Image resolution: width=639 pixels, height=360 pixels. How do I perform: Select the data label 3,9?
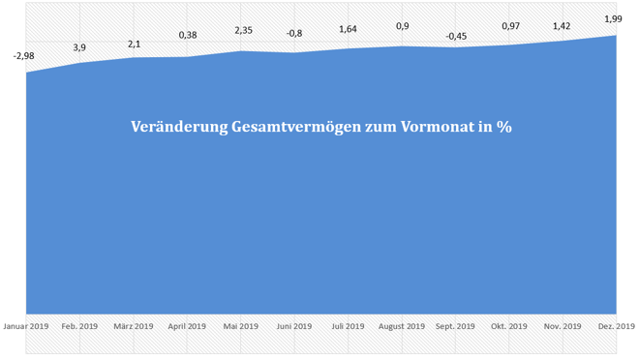pos(79,47)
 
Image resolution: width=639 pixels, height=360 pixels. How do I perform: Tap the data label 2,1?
pos(134,44)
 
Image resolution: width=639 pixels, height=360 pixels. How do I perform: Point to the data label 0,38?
pos(188,36)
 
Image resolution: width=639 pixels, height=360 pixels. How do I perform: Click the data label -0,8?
pos(295,33)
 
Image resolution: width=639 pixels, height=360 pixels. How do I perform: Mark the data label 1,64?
pos(349,29)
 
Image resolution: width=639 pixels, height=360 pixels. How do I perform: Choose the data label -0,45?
pos(456,37)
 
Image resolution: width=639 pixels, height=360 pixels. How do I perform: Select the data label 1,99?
pos(614,18)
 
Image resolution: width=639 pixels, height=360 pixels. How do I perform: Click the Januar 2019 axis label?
pos(26,326)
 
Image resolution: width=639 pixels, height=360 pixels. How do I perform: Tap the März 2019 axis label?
pos(134,326)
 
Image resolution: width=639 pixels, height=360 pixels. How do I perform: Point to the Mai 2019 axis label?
pos(241,326)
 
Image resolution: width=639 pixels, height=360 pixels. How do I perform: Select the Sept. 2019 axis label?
pos(456,326)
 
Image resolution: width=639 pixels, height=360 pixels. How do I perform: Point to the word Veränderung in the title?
pos(177,128)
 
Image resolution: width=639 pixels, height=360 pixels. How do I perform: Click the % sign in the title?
pos(503,128)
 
